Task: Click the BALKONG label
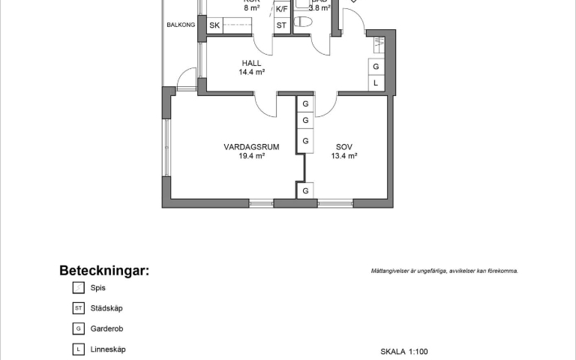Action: coord(181,25)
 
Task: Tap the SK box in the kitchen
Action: coord(214,25)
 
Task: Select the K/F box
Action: coord(282,10)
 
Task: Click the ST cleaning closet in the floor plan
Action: coord(282,25)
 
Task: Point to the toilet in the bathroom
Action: coord(304,22)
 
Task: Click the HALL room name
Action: coord(252,63)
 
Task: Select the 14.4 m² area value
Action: coord(252,73)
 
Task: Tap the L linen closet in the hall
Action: coord(376,83)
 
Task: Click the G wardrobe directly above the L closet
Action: coord(376,67)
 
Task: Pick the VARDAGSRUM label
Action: coord(251,147)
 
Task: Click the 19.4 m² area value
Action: coord(251,157)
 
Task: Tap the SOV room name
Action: coord(344,147)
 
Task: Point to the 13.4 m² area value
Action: coord(344,157)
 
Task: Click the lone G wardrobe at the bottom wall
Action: coord(306,191)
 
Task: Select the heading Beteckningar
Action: coord(104,271)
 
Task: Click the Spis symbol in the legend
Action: coord(78,287)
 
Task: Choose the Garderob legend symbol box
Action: coord(78,328)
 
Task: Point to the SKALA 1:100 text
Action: coord(404,351)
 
